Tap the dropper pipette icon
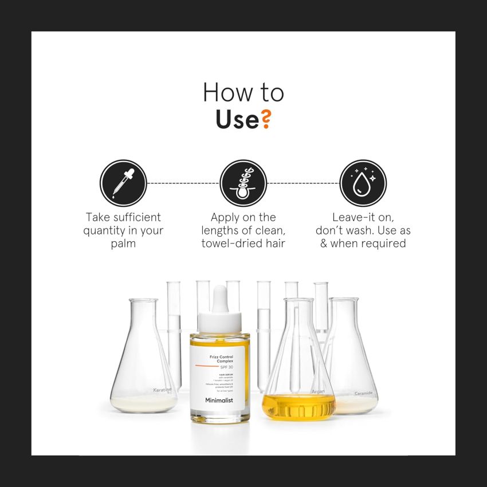[x=123, y=183]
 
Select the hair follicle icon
[x=244, y=183]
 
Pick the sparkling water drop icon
[x=363, y=183]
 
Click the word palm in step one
[x=123, y=244]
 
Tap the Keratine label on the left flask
[x=162, y=390]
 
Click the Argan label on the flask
[x=318, y=392]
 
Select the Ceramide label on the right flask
[x=363, y=393]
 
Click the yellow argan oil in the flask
[x=298, y=407]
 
